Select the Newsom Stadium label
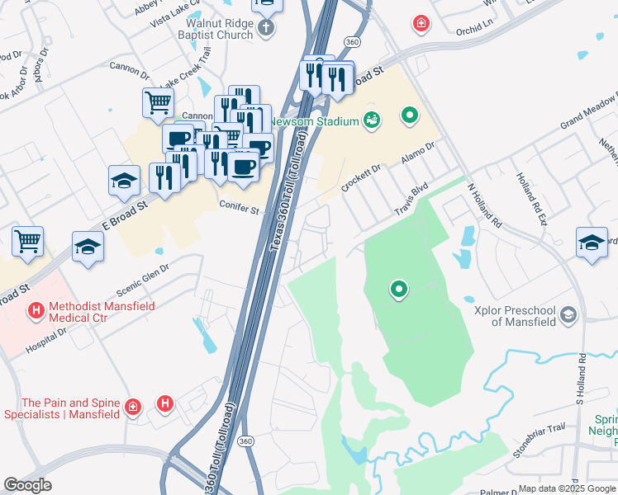[x=321, y=121]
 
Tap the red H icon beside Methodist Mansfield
[x=36, y=311]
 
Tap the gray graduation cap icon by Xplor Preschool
[x=568, y=314]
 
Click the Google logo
[x=28, y=485]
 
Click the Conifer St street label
[x=240, y=210]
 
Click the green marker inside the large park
[x=399, y=289]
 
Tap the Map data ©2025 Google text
[x=566, y=488]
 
